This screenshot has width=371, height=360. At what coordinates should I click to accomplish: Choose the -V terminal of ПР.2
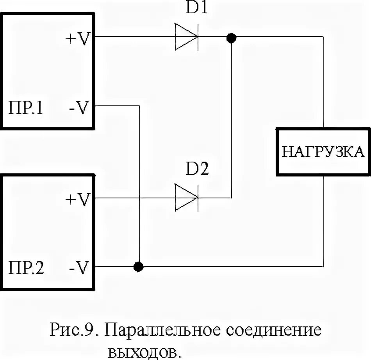point(80,268)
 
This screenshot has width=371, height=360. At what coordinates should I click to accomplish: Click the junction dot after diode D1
point(232,38)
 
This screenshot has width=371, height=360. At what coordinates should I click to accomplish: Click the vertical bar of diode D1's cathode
point(197,37)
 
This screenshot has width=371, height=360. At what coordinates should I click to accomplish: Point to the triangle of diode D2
point(184,198)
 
